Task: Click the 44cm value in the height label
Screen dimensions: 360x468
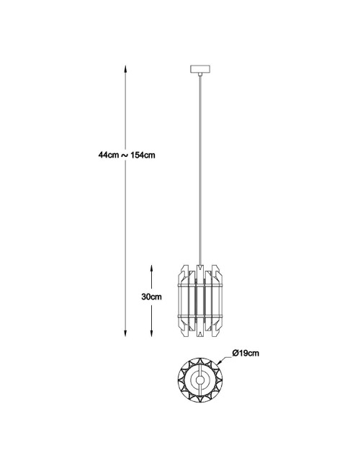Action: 109,156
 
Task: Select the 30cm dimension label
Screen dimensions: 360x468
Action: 151,297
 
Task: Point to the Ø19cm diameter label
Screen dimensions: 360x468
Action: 246,353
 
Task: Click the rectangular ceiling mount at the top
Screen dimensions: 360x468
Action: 200,69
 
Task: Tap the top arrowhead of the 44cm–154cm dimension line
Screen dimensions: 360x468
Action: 126,69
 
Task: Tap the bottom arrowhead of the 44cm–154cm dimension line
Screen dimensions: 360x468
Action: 126,333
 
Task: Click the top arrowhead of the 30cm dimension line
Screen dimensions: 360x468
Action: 152,269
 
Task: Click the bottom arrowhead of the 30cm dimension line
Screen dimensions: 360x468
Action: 152,333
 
